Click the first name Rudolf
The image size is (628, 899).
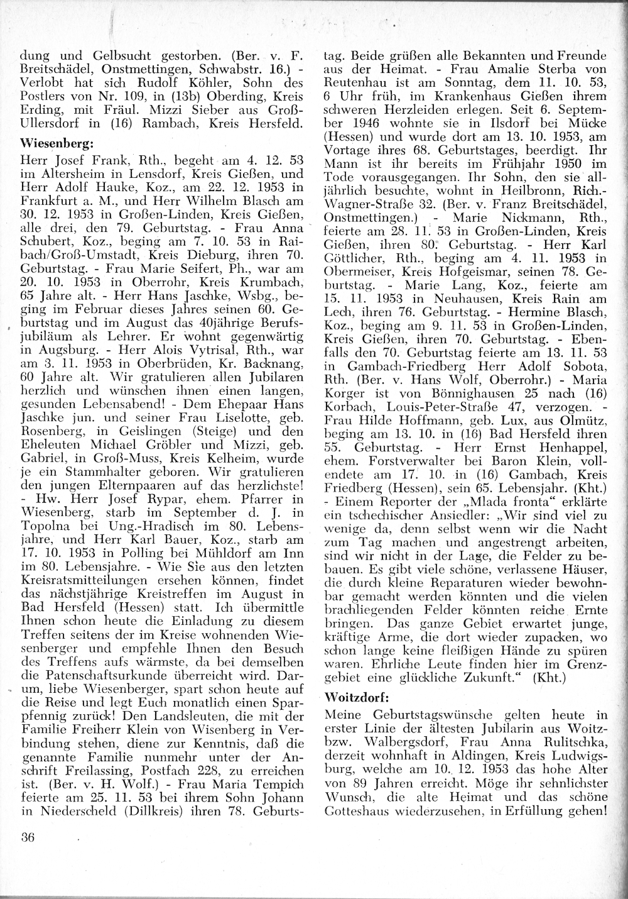(x=144, y=82)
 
